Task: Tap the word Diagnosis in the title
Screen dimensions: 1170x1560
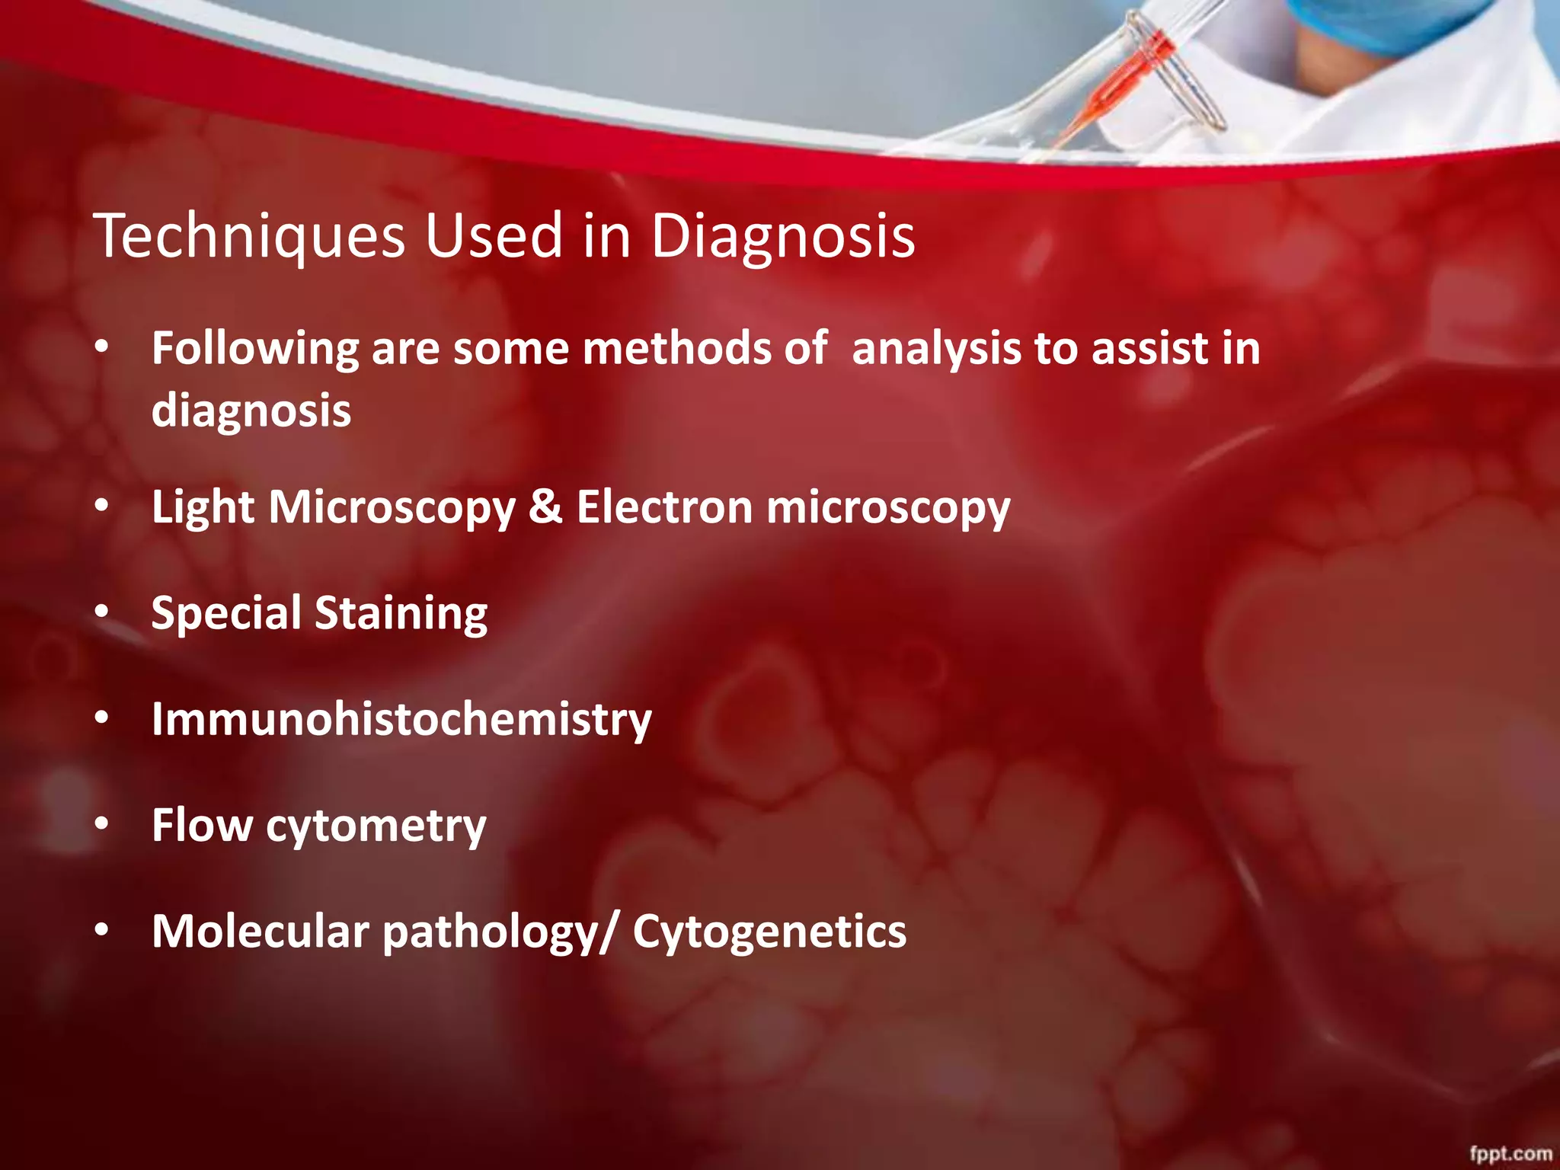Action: (x=782, y=237)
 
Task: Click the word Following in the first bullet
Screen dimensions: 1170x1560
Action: (x=254, y=350)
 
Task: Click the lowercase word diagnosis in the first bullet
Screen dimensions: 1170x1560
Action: (x=251, y=411)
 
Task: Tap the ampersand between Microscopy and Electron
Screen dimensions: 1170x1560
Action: (x=545, y=507)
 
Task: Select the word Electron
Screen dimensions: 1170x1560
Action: (x=664, y=507)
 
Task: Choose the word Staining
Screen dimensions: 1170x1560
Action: (x=401, y=613)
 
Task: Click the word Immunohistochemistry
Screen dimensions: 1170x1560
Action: (x=401, y=719)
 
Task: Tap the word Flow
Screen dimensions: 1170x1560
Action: (x=202, y=825)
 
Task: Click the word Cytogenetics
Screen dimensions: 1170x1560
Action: (x=769, y=932)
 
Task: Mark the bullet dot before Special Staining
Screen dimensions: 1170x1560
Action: (x=102, y=612)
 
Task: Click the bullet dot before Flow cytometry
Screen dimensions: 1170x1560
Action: (x=102, y=823)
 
